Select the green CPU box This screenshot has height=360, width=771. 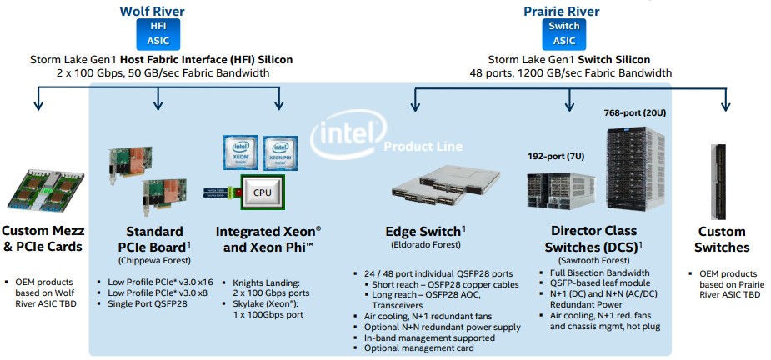(263, 192)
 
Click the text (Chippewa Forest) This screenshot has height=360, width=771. (154, 259)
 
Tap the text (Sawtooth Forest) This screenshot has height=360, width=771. (593, 259)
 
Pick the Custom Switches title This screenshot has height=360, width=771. (723, 238)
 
